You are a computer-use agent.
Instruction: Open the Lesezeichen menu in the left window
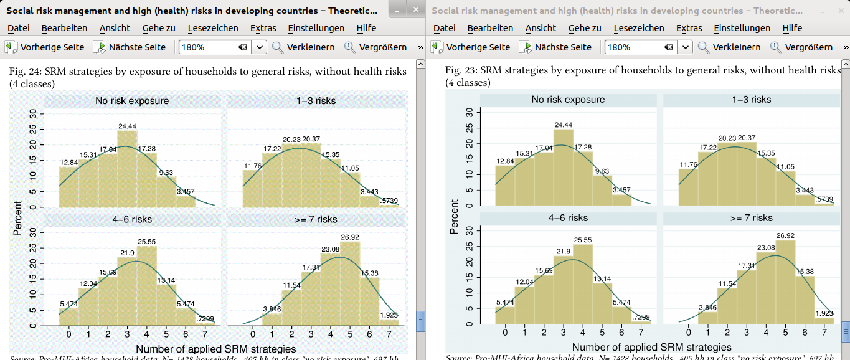point(214,28)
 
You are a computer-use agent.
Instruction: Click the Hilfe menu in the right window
point(792,28)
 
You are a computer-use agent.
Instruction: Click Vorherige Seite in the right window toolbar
point(471,47)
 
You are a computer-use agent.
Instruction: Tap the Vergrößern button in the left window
point(375,47)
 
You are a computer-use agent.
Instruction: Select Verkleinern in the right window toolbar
point(729,47)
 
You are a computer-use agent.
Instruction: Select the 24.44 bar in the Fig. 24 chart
point(127,168)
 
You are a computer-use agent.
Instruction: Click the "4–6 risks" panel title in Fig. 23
point(568,218)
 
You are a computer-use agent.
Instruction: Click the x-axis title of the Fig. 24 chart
point(215,349)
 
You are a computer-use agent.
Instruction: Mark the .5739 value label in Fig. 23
point(824,199)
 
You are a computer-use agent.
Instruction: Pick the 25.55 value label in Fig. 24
point(146,241)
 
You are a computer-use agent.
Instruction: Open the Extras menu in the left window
point(263,28)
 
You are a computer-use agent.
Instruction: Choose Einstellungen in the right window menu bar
point(742,28)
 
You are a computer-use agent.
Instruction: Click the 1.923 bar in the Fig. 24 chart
point(389,322)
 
